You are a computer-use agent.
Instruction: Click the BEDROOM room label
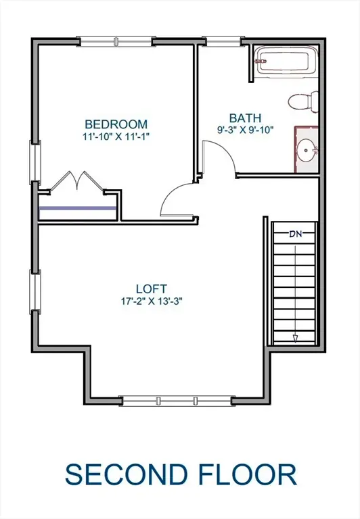(116, 124)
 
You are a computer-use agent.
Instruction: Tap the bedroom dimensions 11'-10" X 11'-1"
(116, 136)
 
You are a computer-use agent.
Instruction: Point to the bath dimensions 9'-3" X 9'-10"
(244, 130)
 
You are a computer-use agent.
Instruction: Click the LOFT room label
(150, 288)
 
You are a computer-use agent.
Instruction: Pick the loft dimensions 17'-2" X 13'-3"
(150, 300)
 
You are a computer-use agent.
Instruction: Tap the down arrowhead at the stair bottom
(295, 339)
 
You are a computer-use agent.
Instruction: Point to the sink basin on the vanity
(308, 148)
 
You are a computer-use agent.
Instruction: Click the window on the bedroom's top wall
(115, 42)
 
